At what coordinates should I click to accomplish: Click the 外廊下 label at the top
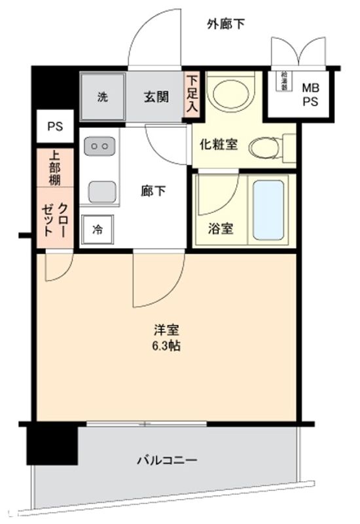[226, 25]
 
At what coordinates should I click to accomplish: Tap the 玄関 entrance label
[156, 98]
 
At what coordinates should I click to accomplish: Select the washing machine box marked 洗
[103, 98]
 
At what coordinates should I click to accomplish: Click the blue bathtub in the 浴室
[268, 209]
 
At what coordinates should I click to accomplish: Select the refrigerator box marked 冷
[98, 229]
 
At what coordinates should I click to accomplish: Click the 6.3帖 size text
[164, 346]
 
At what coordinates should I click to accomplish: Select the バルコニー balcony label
[167, 460]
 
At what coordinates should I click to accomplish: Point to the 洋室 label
[164, 329]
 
